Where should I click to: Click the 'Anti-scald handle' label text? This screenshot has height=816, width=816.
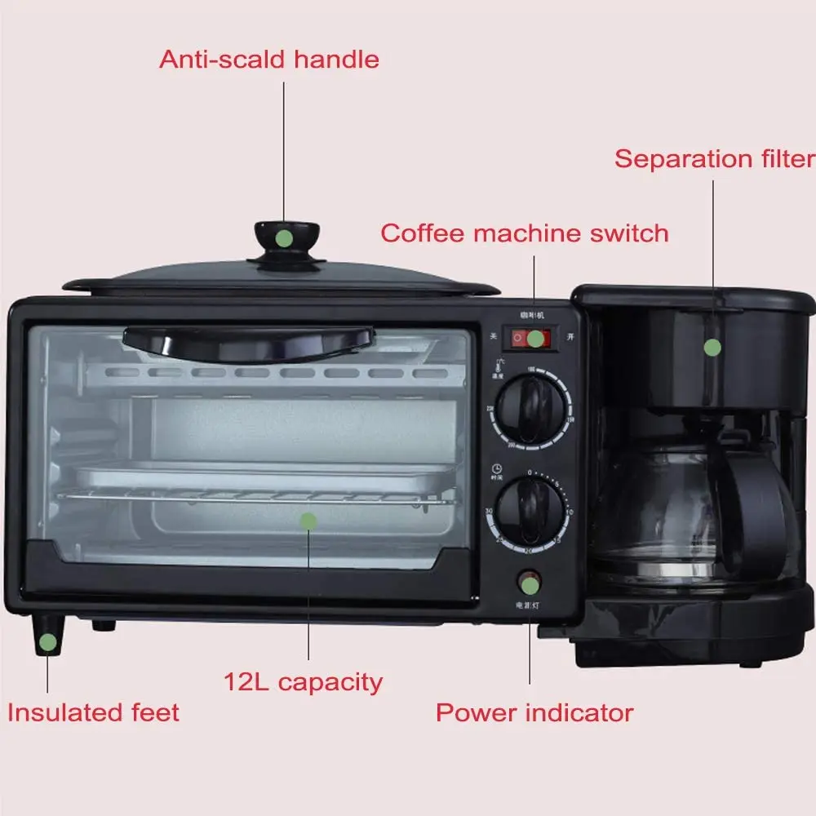pyautogui.click(x=268, y=60)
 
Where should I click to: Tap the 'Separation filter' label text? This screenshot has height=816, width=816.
pyautogui.click(x=714, y=158)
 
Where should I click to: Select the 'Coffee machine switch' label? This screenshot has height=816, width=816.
pyautogui.click(x=524, y=233)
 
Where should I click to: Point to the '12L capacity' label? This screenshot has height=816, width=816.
pyautogui.click(x=303, y=681)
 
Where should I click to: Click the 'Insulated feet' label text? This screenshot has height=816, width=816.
pyautogui.click(x=93, y=712)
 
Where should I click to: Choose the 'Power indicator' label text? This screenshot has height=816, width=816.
pyautogui.click(x=534, y=712)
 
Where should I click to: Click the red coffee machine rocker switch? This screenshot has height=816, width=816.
pyautogui.click(x=530, y=338)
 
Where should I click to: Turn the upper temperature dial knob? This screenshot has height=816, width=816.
pyautogui.click(x=530, y=408)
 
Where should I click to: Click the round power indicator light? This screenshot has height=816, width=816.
pyautogui.click(x=530, y=584)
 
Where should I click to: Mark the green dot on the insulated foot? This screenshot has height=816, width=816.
pyautogui.click(x=49, y=641)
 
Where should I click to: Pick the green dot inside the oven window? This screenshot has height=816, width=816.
pyautogui.click(x=308, y=520)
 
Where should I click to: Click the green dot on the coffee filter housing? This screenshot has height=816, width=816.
pyautogui.click(x=712, y=347)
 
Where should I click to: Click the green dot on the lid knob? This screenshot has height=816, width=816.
pyautogui.click(x=283, y=238)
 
